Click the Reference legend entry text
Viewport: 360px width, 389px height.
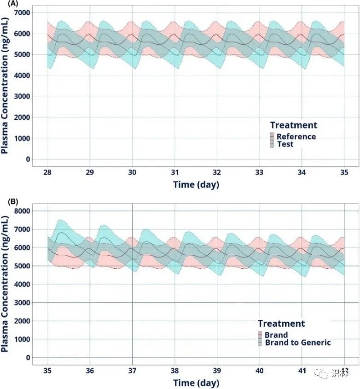[296, 136]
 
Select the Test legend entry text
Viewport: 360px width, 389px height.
[285, 144]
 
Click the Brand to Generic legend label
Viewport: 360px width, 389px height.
[297, 342]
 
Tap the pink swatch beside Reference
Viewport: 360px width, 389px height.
[272, 136]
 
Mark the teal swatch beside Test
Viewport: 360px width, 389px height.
[272, 144]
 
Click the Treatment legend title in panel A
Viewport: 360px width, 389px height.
[293, 125]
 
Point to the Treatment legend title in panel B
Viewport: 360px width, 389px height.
[281, 324]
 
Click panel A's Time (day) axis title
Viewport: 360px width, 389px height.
[196, 185]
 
